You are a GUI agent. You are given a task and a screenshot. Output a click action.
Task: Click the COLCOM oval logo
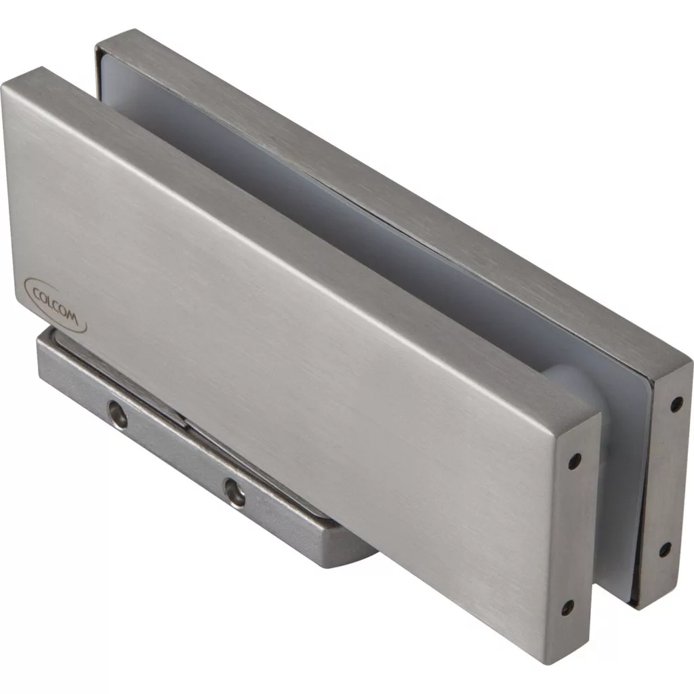coord(55,305)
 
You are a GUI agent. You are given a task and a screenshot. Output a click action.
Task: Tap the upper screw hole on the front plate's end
coord(575,461)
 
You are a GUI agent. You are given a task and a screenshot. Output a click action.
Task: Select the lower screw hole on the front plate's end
coord(567,609)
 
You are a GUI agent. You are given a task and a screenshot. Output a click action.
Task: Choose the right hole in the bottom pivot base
coord(234,492)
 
